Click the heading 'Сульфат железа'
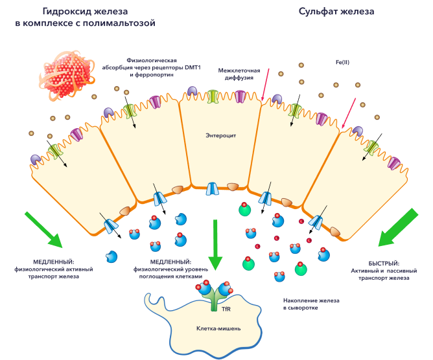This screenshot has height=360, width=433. coord(336,12)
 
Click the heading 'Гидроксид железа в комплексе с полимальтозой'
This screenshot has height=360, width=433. coord(86,17)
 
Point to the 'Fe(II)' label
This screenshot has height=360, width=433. coord(342,62)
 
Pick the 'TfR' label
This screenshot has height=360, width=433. coord(226,309)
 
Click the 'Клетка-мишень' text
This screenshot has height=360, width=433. coord(218,328)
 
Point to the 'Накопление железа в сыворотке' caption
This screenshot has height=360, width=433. coord(311,304)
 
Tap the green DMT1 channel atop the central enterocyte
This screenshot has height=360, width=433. coord(213,96)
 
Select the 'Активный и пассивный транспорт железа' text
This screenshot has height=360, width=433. coord(382,273)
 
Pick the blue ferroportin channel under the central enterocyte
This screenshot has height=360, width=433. coord(213,189)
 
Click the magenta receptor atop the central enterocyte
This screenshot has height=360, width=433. coord(240,96)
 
